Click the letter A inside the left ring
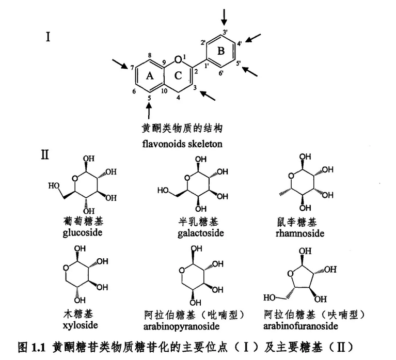click(x=149, y=76)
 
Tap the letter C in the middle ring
click(x=178, y=76)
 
